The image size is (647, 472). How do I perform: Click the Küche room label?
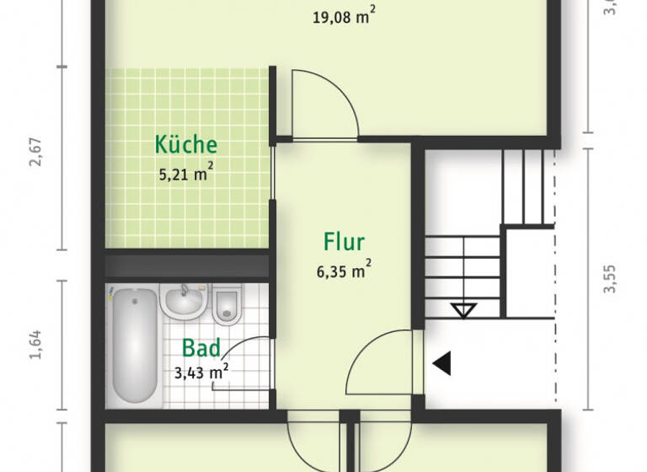coord(186,144)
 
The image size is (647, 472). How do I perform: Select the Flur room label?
coord(344,243)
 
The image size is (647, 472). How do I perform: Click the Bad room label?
coord(201,348)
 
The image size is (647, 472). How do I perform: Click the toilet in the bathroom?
coord(227,304)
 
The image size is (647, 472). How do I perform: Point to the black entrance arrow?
coord(441,363)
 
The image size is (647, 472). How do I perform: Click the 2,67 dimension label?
coord(35,158)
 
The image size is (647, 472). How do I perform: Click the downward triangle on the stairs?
coord(463,310)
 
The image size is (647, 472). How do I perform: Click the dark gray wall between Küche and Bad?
coord(187,265)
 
